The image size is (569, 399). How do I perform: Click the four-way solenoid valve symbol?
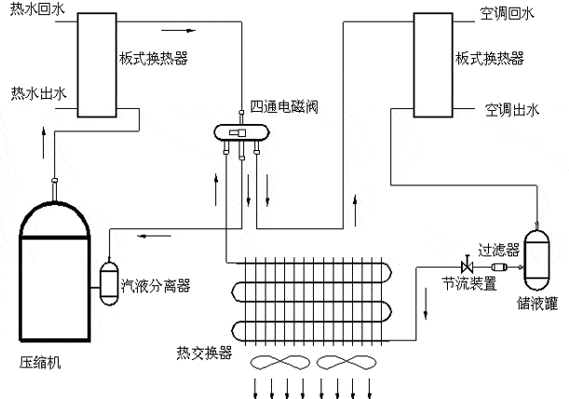[239, 134]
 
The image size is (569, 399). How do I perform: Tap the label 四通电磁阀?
[286, 105]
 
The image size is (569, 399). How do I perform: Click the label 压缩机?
[41, 363]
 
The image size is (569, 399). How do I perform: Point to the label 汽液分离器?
[156, 286]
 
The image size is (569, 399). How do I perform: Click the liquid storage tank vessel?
[536, 257]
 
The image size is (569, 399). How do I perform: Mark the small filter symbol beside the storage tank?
[499, 268]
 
